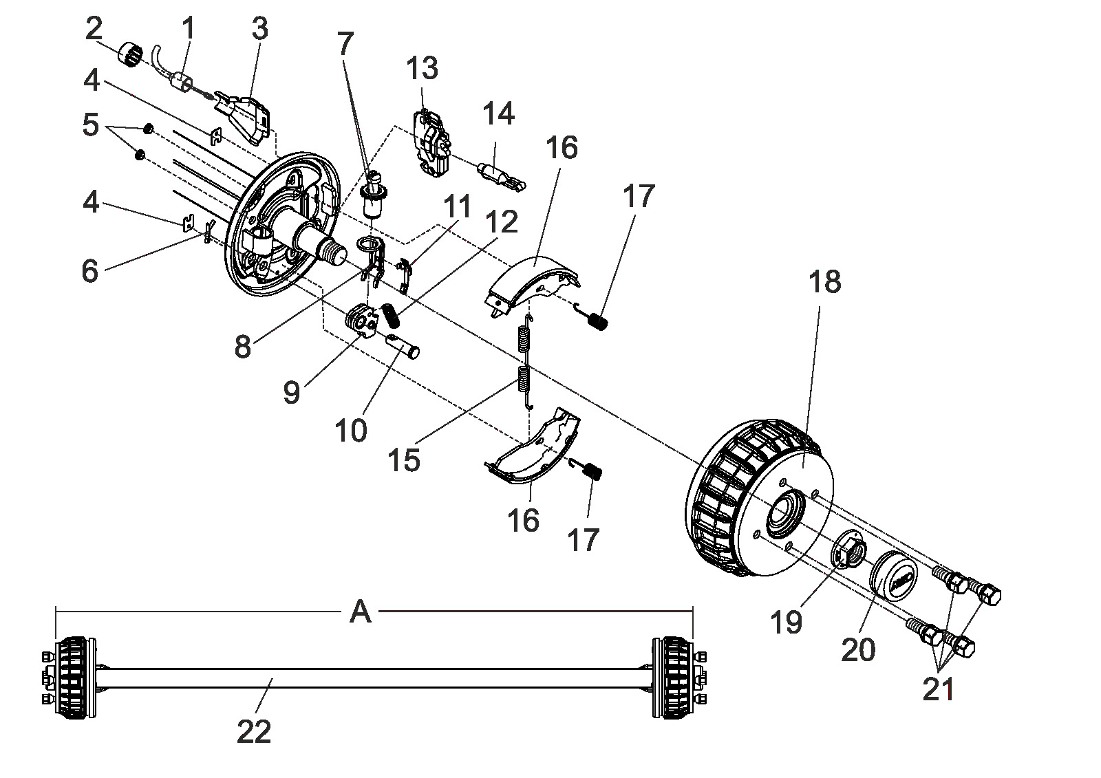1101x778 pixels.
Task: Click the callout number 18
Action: click(x=824, y=282)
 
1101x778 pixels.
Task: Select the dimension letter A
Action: click(x=361, y=613)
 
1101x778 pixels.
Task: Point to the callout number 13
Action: click(x=423, y=68)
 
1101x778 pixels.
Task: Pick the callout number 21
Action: click(x=939, y=689)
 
